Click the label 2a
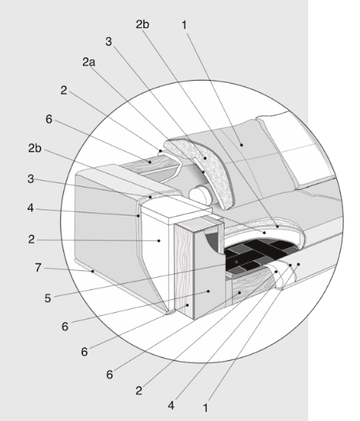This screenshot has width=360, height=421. point(88,62)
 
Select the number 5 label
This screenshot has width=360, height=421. point(48,298)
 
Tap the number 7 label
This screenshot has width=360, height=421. point(38,268)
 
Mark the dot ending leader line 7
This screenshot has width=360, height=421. point(93,271)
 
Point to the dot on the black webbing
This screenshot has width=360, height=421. point(237,262)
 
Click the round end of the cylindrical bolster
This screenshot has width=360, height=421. point(200,194)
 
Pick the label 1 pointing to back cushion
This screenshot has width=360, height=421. point(184,25)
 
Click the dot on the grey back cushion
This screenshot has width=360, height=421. point(241,145)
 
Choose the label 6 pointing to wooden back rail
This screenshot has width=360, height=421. point(49,120)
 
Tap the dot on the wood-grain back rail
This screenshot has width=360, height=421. point(150,162)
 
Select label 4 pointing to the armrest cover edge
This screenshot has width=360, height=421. point(30,208)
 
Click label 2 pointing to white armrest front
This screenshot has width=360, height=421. point(31,239)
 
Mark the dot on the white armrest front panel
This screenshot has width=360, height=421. point(159,241)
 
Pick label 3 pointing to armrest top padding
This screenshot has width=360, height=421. point(31,179)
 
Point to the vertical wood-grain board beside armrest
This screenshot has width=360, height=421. point(183,269)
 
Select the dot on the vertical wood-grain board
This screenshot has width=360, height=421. point(188,305)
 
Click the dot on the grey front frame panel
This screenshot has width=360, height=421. point(209,291)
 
